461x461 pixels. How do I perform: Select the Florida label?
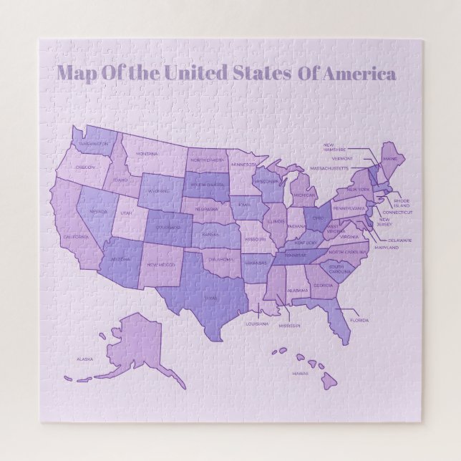[x=359, y=320]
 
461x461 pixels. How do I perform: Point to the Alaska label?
[x=84, y=359]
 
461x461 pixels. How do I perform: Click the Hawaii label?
[x=299, y=373]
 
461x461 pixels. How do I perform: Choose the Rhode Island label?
[x=402, y=203]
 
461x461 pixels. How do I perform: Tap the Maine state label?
[x=390, y=159]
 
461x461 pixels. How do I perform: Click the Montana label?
[x=147, y=154]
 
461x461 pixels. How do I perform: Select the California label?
[x=75, y=237]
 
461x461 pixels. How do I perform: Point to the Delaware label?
[x=400, y=241]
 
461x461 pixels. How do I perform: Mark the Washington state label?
[x=94, y=143]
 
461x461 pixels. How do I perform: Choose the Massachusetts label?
[x=329, y=168]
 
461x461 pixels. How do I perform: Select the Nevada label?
[x=98, y=212]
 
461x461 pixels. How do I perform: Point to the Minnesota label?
[x=244, y=164]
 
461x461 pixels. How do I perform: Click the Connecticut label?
[x=397, y=213]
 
